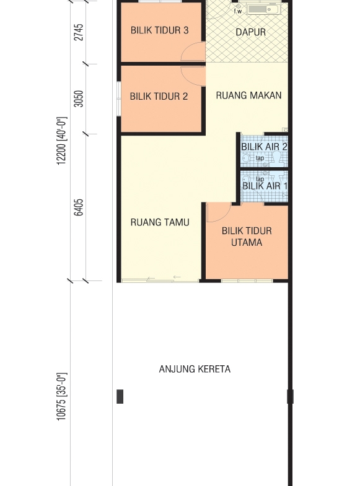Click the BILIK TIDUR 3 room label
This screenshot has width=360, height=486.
coord(159,30)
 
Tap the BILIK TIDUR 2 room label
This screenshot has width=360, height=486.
coord(159,97)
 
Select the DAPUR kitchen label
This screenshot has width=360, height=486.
coord(250,32)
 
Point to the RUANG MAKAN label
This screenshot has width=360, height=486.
coord(248,95)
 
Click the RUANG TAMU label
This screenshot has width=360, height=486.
coord(160,222)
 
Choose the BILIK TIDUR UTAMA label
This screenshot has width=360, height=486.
coord(247,236)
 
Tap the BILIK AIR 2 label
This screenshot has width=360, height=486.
coord(265,147)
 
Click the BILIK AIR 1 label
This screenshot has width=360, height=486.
coord(265,186)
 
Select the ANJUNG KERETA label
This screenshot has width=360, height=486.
coord(195,369)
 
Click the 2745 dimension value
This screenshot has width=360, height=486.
coord(79,32)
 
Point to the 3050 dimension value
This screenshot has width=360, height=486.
coord(79,99)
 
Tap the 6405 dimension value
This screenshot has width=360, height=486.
coord(79,207)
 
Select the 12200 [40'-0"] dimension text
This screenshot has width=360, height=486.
coord(62,141)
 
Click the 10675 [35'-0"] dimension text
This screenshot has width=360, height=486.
coord(62,397)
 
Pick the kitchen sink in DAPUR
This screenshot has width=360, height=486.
coord(264,10)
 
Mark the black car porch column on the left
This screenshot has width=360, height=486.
coord(120,396)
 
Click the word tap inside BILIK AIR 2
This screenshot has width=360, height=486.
coord(260,158)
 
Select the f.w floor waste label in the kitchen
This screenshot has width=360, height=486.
coord(238,12)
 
